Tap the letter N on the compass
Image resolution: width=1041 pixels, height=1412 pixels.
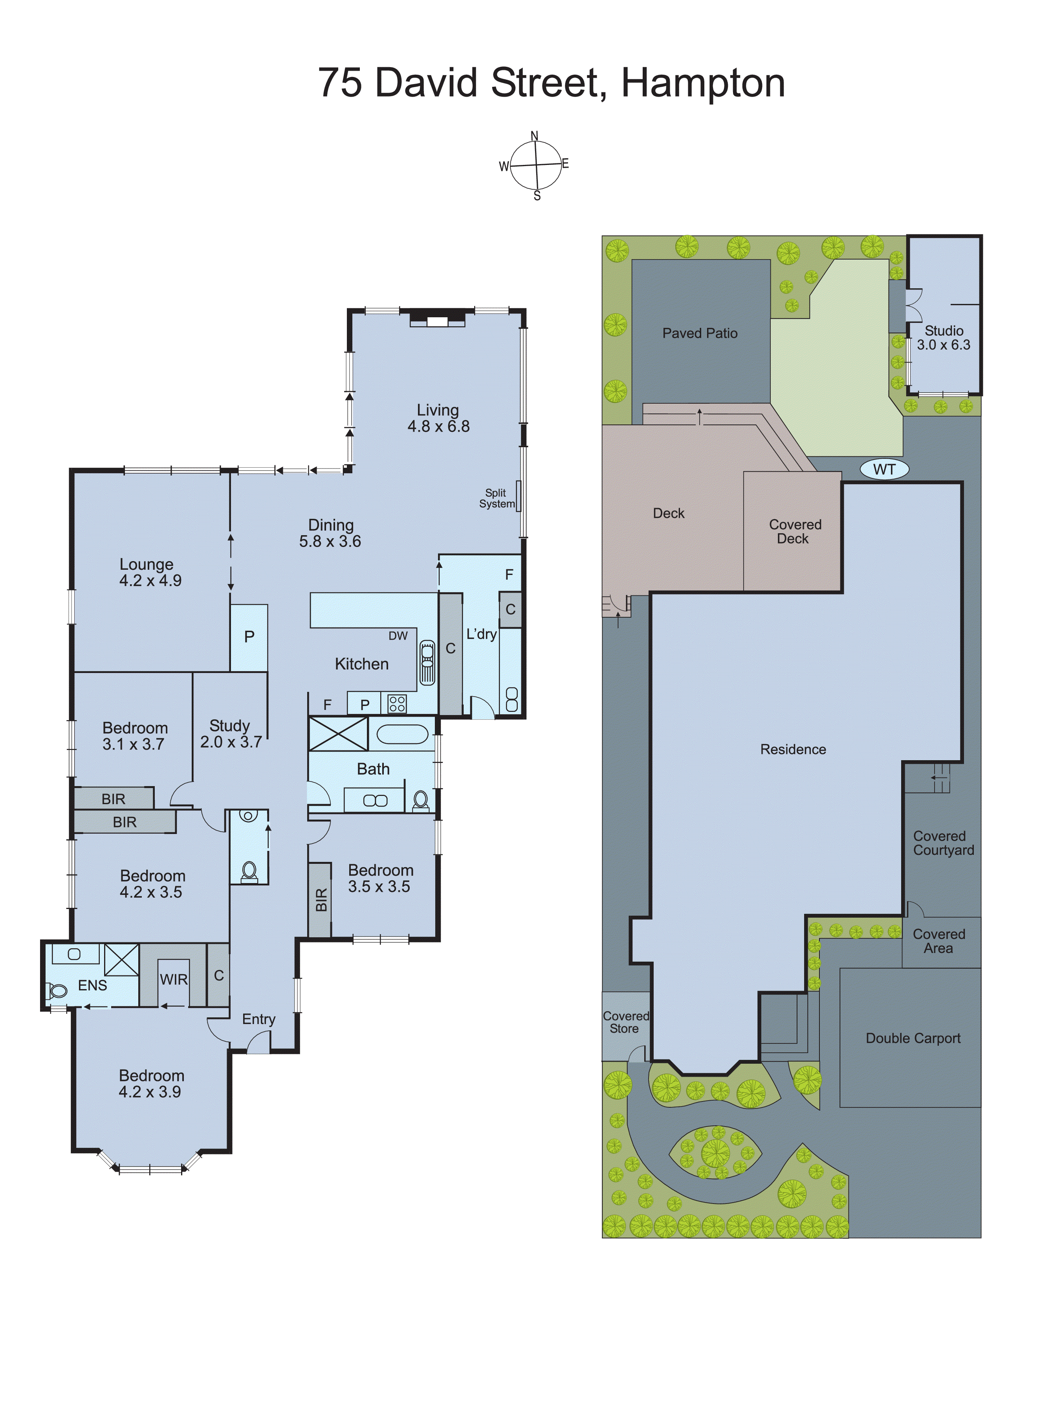pos(534,135)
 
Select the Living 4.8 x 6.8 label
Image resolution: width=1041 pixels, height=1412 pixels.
pos(438,418)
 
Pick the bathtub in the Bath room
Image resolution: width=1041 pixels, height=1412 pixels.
pos(402,734)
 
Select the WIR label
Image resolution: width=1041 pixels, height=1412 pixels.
pos(173,979)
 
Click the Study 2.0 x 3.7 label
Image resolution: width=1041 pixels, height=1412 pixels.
pos(231,734)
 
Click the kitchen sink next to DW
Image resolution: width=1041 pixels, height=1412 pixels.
pos(427,662)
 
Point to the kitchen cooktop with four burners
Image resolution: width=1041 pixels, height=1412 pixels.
pos(397,704)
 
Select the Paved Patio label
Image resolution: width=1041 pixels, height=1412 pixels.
pos(700,333)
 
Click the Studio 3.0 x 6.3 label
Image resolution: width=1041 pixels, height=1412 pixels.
pos(943,338)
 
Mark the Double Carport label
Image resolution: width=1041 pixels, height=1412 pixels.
pos(913,1039)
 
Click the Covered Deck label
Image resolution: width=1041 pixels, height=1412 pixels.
pos(795,532)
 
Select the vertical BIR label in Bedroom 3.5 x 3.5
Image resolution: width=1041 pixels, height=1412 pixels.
pos(321,900)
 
